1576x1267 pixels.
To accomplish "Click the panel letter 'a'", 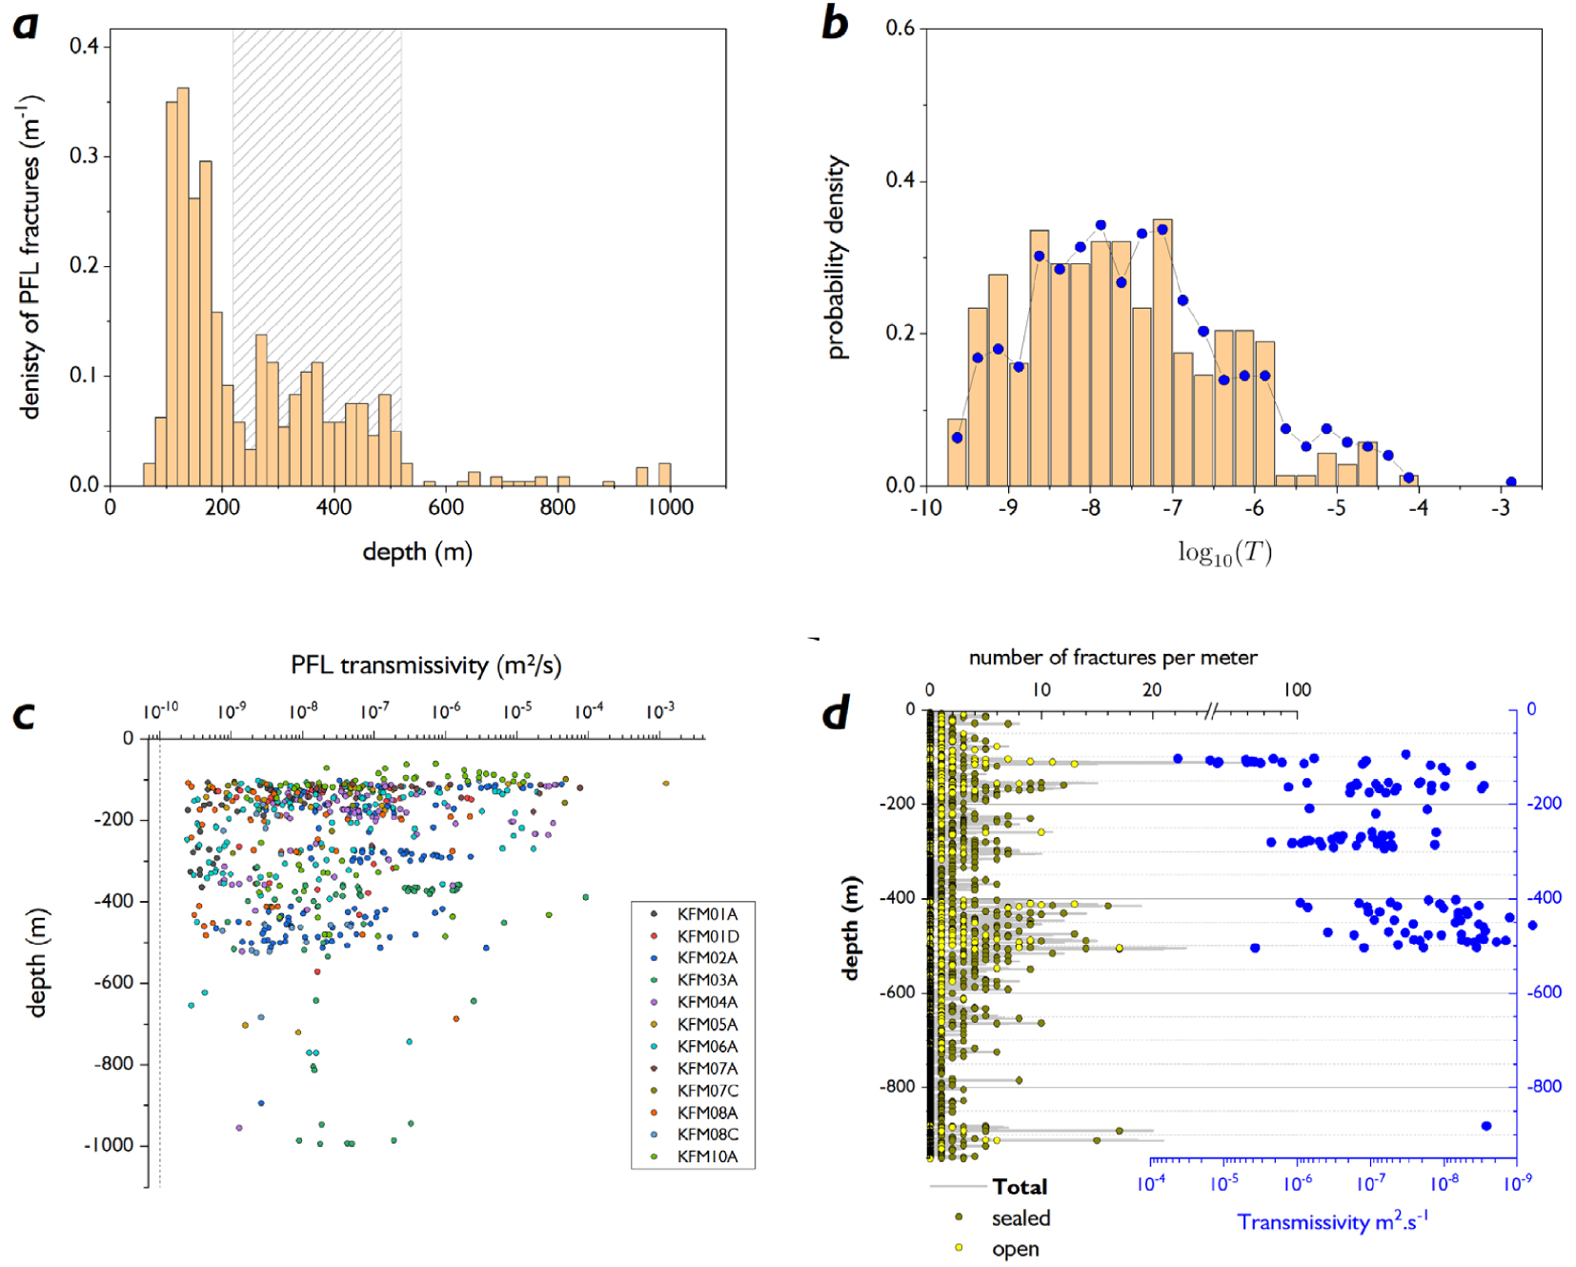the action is (26, 25).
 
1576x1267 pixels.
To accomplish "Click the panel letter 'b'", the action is (835, 23).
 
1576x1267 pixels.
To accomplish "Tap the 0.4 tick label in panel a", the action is (84, 46).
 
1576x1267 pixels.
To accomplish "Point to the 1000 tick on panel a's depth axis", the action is (670, 507).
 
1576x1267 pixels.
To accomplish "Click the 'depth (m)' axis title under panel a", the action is (417, 552).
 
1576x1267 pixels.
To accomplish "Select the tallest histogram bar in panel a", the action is (183, 287).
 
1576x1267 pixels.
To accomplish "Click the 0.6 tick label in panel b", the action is (900, 28).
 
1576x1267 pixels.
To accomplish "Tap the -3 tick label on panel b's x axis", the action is (1500, 508).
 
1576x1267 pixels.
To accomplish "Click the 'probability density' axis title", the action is (836, 257).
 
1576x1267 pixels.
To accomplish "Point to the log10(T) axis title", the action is (1224, 553).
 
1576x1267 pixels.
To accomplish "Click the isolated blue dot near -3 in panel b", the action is (1510, 481).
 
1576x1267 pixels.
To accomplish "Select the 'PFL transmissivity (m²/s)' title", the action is (426, 664).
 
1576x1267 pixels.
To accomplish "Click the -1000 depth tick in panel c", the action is (109, 1145).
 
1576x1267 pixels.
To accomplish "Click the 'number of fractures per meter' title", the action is (1113, 657).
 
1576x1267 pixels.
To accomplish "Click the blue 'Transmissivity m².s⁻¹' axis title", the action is (1332, 1221).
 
